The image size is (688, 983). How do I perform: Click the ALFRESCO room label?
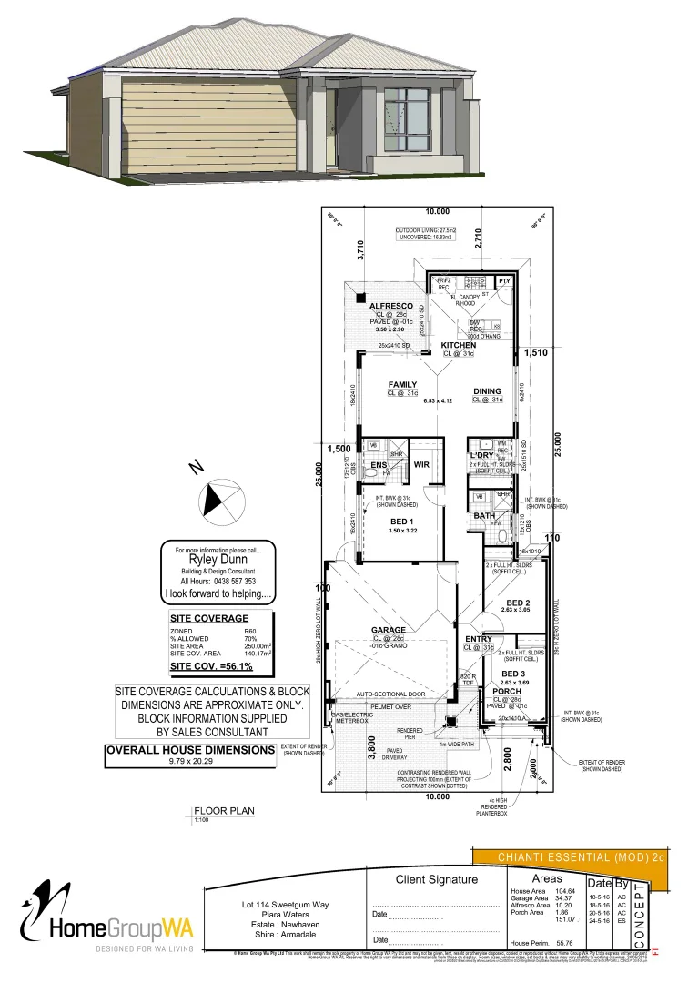coord(390,306)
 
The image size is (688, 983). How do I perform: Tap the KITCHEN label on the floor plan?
coord(458,346)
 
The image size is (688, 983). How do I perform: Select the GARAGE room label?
coord(388,630)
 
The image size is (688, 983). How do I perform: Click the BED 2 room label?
coord(517,603)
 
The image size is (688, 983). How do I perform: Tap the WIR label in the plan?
coord(421,464)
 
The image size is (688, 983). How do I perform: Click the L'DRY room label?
coord(481,455)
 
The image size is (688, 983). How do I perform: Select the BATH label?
coord(484,516)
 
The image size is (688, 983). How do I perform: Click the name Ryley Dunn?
coord(217,561)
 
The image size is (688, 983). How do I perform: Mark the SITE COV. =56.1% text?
coord(211,666)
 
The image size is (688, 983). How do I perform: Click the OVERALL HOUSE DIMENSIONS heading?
coord(190,750)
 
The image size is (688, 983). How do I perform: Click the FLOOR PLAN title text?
coord(224,809)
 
